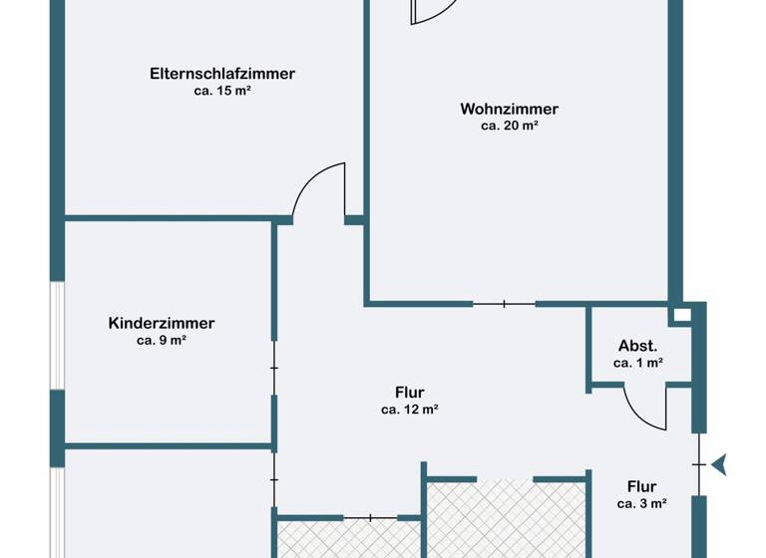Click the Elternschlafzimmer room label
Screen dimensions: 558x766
pos(221,74)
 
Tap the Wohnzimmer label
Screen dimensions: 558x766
pos(509,110)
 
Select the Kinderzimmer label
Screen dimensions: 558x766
pos(162,323)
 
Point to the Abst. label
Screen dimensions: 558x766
pos(638,347)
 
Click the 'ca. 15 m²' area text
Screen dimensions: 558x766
pos(221,91)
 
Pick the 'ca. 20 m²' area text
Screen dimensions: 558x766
pos(509,127)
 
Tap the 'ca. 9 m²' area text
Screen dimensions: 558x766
pos(162,340)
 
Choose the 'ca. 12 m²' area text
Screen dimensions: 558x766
pos(410,409)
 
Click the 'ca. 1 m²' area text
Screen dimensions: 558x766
pos(638,364)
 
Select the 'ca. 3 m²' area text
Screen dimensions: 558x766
pos(641,503)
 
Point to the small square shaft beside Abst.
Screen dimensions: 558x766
pos(681,315)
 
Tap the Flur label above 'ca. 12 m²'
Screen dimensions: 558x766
pos(410,393)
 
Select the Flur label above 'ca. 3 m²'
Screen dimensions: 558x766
pos(641,487)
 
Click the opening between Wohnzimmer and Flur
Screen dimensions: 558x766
pos(504,304)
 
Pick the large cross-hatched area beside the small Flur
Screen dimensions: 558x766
pos(507,518)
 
